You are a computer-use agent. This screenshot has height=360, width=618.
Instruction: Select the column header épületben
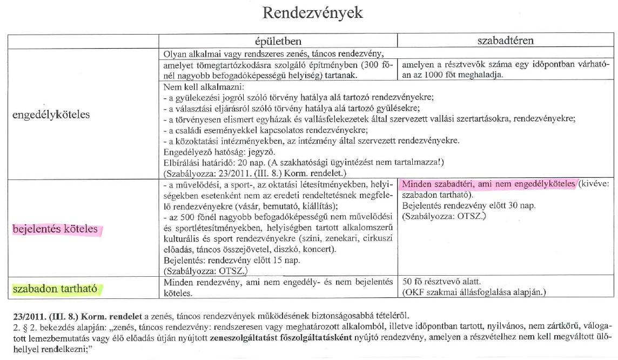pos(278,41)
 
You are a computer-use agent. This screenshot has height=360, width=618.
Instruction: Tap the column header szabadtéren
pos(506,41)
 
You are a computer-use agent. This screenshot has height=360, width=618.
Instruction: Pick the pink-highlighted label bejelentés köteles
pos(55,229)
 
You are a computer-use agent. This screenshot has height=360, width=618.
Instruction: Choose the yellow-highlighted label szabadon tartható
pos(54,288)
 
